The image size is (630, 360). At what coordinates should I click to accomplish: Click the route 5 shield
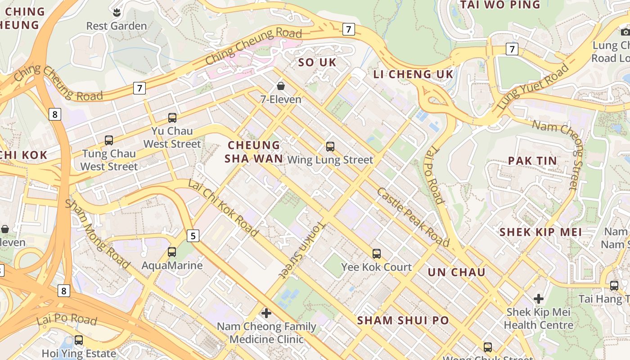click(x=193, y=235)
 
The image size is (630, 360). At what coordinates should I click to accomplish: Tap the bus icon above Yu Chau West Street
click(x=172, y=118)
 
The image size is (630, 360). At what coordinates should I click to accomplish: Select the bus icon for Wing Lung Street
click(x=330, y=147)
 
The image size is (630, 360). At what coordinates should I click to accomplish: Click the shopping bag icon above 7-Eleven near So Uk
click(x=281, y=85)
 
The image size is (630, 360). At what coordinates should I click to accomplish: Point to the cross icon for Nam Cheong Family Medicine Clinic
click(x=266, y=313)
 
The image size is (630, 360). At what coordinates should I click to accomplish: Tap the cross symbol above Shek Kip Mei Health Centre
click(x=539, y=298)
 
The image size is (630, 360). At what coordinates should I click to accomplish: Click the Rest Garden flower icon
click(x=117, y=12)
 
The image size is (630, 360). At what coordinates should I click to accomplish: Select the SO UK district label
click(x=317, y=63)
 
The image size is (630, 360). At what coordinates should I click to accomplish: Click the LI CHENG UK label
click(x=413, y=74)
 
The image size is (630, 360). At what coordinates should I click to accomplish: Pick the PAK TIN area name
click(x=532, y=161)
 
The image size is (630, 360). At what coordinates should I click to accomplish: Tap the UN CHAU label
click(x=456, y=272)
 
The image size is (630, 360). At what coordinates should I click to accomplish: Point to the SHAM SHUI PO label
click(x=403, y=320)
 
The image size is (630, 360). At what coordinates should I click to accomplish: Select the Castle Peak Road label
click(x=413, y=217)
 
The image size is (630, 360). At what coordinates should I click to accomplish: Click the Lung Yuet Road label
click(x=533, y=87)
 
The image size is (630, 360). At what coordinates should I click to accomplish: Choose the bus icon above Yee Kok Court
click(x=377, y=254)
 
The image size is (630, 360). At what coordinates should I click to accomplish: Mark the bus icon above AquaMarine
click(x=172, y=252)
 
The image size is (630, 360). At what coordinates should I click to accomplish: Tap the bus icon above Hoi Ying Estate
click(x=79, y=340)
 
